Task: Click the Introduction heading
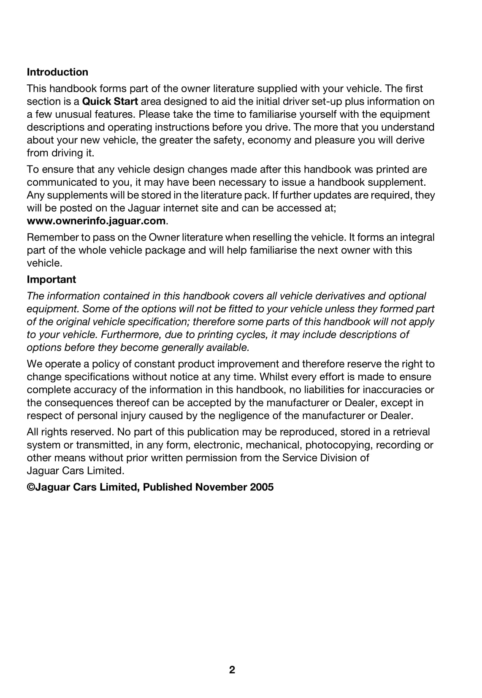(57, 72)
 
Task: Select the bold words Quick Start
(110, 102)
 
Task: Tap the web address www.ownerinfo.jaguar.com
(96, 221)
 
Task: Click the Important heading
(51, 279)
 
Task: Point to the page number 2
(232, 670)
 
